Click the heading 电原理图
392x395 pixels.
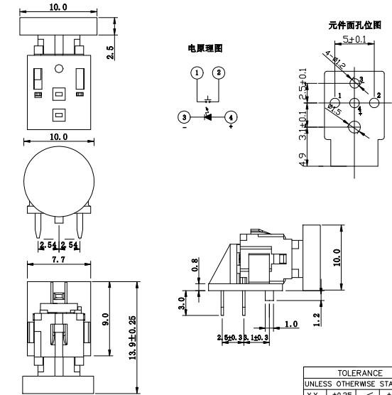pos(205,48)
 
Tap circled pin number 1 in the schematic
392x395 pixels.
pos(197,72)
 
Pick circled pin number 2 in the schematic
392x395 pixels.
pos(219,72)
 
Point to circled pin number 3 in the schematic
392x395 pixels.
pos(184,117)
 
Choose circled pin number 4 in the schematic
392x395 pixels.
pos(231,117)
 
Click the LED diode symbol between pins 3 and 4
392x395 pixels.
pos(207,117)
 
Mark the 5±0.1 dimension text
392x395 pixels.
pos(354,39)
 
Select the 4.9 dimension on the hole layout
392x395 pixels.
pos(304,161)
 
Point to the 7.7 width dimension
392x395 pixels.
pos(58,261)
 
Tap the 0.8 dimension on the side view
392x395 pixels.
pos(195,266)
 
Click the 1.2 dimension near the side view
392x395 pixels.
pos(316,320)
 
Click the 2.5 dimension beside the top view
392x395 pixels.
pos(111,52)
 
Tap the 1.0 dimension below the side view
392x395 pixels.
pos(291,324)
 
